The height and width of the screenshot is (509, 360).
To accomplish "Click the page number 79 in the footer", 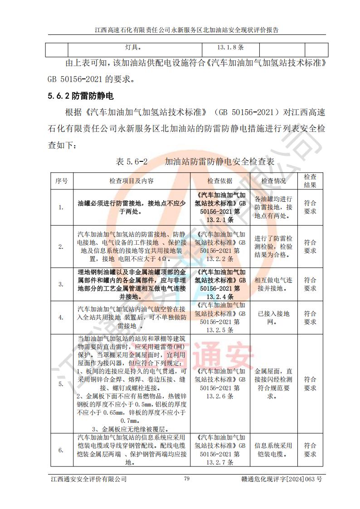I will (x=186, y=479).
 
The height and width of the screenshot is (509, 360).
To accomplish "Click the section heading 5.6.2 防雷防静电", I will (x=80, y=96).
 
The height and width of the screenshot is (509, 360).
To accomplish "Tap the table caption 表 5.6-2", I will (x=132, y=161).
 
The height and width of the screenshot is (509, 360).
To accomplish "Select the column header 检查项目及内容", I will (x=131, y=181).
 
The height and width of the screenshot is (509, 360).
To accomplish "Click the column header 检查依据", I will (x=220, y=181).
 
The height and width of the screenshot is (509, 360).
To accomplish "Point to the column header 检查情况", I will (x=273, y=181).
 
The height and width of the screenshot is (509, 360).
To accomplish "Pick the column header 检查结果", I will (x=310, y=181).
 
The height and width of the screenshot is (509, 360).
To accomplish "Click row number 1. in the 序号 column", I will (x=61, y=208).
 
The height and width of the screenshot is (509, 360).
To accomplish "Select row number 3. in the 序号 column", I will (x=61, y=284).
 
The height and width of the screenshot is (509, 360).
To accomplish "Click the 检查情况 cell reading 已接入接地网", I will (x=273, y=318).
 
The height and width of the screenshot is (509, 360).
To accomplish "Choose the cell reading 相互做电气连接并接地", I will (x=273, y=284).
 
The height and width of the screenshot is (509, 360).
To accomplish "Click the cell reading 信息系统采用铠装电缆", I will (x=273, y=450).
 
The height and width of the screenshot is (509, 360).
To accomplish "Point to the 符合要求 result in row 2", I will (x=310, y=246).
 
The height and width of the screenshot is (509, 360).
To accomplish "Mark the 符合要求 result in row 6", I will (x=310, y=450).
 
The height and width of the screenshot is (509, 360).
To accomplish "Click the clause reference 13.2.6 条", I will (x=220, y=396).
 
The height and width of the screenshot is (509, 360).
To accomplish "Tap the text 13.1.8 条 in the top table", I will (x=231, y=47).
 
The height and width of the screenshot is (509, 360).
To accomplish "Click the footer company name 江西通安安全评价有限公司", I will (x=89, y=479).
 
